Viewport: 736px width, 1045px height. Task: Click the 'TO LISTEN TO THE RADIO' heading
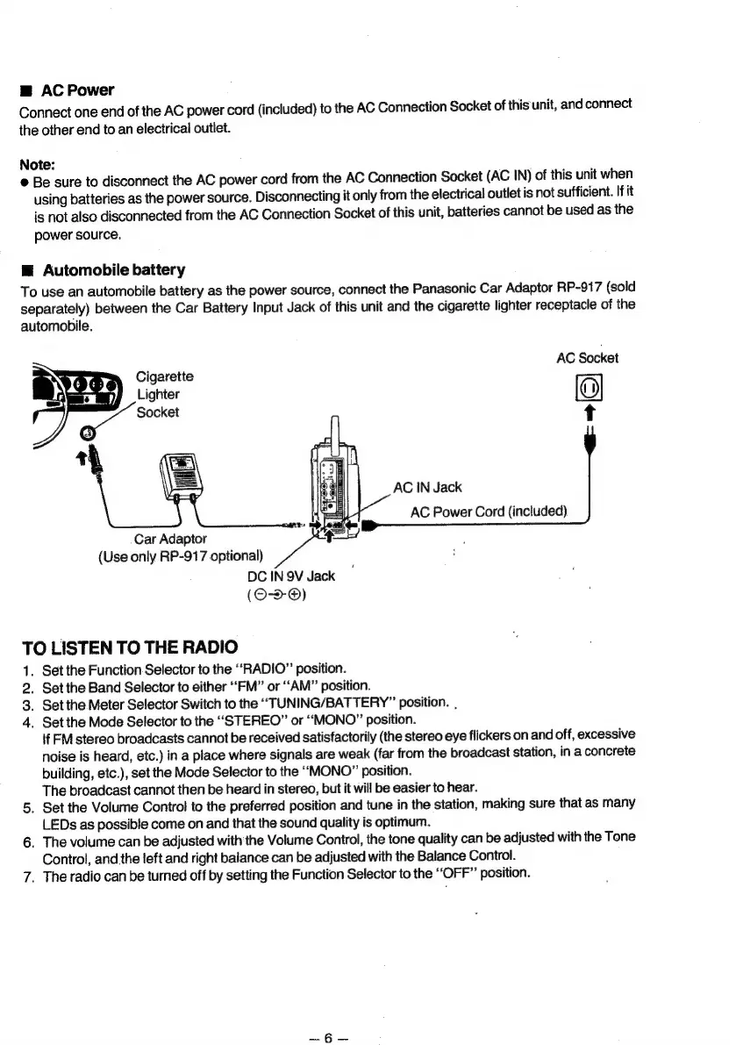click(x=128, y=648)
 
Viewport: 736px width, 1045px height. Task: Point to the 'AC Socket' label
click(x=587, y=358)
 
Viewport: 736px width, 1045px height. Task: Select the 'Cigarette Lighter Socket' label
click(x=165, y=394)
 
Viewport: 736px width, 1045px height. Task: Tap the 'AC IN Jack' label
click(x=427, y=487)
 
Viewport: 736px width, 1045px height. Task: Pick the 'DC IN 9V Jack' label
click(x=292, y=576)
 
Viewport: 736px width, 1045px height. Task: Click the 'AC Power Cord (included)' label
click(x=489, y=512)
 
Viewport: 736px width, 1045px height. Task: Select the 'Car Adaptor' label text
click(x=168, y=537)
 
